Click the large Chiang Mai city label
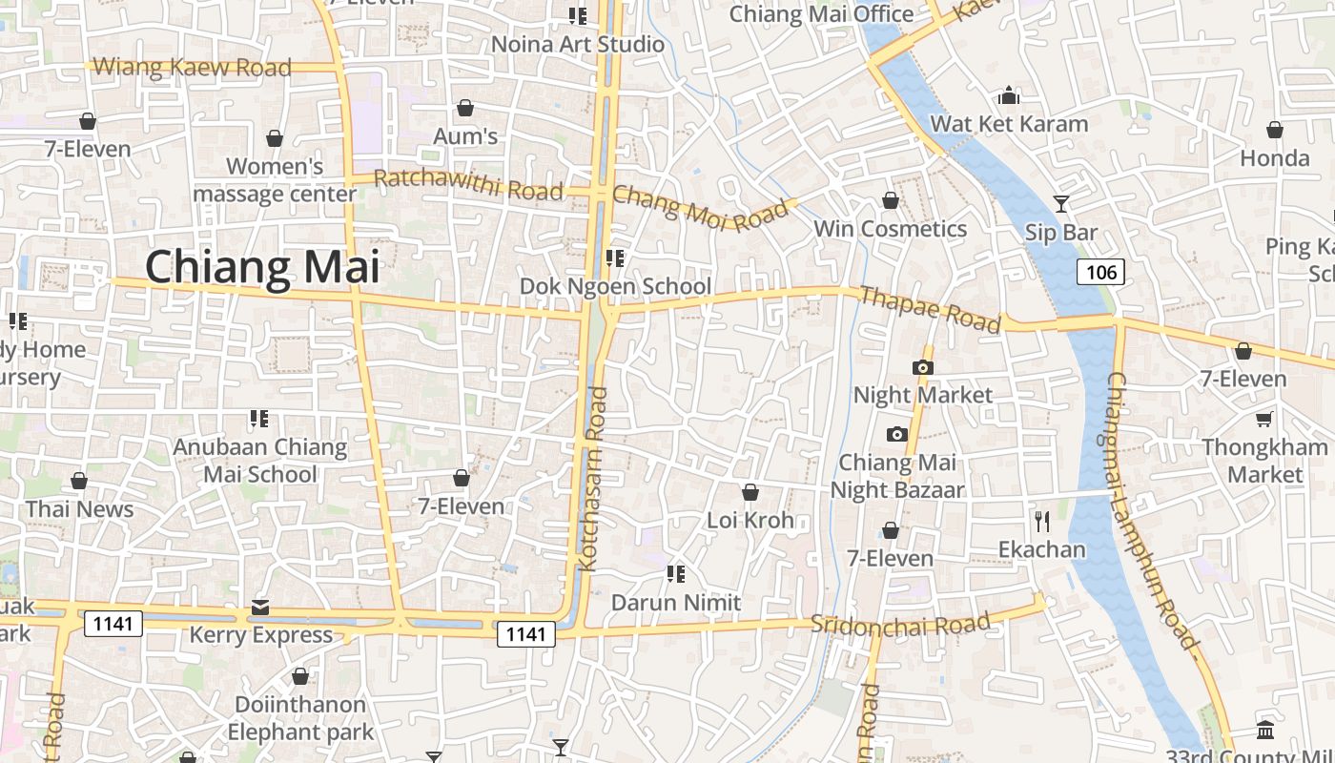(x=262, y=267)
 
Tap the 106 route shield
(x=1100, y=273)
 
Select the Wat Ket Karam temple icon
(x=1009, y=96)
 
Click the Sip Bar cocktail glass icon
(x=1060, y=204)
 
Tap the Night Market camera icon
(x=922, y=367)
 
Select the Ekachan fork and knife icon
(x=1041, y=522)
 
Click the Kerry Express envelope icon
(x=259, y=608)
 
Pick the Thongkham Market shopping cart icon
(x=1264, y=420)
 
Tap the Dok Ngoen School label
(x=615, y=286)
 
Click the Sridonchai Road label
(x=900, y=625)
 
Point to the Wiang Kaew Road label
(x=194, y=68)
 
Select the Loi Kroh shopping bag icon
(x=750, y=492)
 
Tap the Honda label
(x=1275, y=157)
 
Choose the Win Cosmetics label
(x=890, y=229)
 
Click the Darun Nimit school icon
(x=676, y=574)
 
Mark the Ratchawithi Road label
(x=467, y=184)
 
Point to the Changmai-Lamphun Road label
(x=1152, y=510)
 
